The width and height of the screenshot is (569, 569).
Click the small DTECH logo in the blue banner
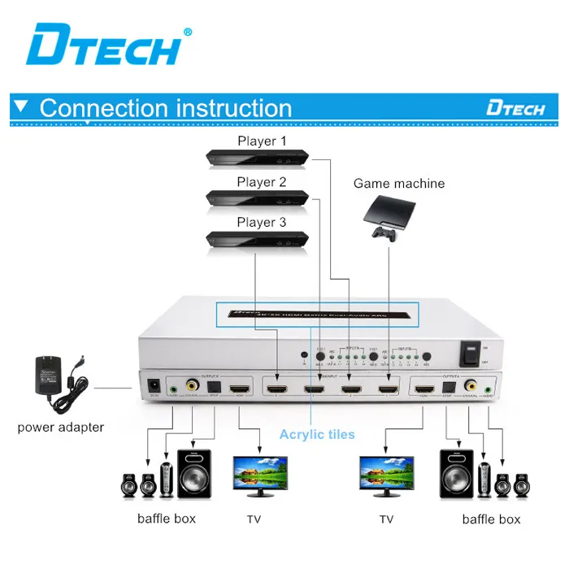pyautogui.click(x=515, y=108)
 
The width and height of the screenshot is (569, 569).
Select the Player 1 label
pyautogui.click(x=262, y=141)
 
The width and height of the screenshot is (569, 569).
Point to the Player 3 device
pyautogui.click(x=258, y=237)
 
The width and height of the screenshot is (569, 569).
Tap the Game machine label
pyautogui.click(x=398, y=184)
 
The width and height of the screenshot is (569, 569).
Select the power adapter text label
pyautogui.click(x=61, y=427)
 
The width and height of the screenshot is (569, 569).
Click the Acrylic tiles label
pyautogui.click(x=317, y=434)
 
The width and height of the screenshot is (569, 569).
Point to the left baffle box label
pyautogui.click(x=167, y=519)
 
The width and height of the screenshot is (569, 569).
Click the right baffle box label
pyautogui.click(x=491, y=519)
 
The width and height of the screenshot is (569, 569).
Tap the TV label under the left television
pyautogui.click(x=254, y=519)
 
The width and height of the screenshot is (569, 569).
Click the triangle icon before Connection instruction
pyautogui.click(x=23, y=106)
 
